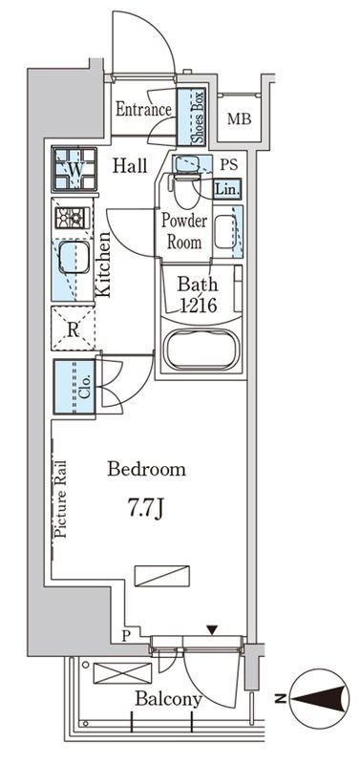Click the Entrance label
(x=143, y=109)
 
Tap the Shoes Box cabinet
(x=191, y=117)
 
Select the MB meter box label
(x=239, y=118)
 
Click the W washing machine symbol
(x=74, y=169)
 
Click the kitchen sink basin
(x=74, y=257)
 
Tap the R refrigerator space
(x=74, y=329)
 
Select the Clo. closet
(x=74, y=388)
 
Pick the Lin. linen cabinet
(x=227, y=189)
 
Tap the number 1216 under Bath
(x=199, y=307)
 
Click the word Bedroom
(x=147, y=470)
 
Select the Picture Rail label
(x=60, y=499)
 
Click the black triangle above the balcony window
(x=211, y=630)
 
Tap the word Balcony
(x=169, y=699)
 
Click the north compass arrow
(x=320, y=700)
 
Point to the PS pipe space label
(x=228, y=164)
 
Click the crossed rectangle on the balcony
(x=122, y=673)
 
